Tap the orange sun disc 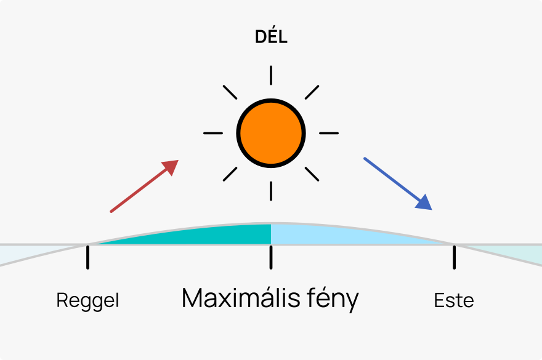271,133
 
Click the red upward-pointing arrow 144,186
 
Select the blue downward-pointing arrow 398,184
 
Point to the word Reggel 88,301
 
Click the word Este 454,300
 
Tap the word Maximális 241,298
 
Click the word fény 333,299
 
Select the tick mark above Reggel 88,257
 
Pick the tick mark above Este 454,257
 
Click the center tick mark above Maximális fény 271,257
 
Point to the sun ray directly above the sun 271,75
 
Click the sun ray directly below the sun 271,191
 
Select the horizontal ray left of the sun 213,133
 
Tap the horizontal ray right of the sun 329,133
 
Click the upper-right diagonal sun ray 312,92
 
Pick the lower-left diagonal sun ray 230,174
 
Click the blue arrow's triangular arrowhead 425,204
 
